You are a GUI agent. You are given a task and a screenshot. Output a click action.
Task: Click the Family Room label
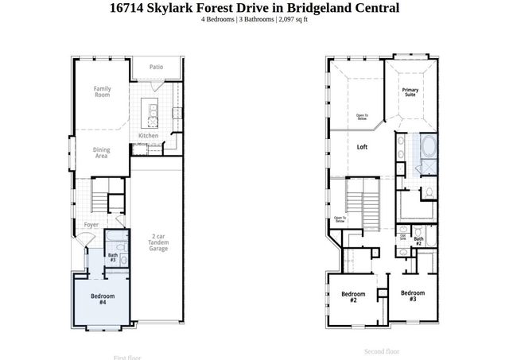coord(101,91)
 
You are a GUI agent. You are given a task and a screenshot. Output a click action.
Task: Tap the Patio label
coord(156,67)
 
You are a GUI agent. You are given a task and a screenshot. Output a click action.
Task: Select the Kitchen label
coord(149,136)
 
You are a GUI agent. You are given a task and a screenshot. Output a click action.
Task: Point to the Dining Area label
coord(102,153)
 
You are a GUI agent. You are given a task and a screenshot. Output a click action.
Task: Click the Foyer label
coord(91,225)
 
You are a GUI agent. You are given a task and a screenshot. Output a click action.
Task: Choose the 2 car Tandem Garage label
coord(158,242)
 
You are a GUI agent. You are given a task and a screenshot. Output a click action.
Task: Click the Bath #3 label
coord(112,257)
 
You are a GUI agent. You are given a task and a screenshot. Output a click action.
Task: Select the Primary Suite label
coord(410,92)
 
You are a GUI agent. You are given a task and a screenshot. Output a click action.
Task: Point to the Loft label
coord(362,147)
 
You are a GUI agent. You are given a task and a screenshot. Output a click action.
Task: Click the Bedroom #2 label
coord(353,297)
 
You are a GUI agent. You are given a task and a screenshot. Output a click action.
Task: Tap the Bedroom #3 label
coord(413,296)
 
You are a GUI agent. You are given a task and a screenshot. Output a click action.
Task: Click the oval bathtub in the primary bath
coord(427,147)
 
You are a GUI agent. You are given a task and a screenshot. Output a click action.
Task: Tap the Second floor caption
coord(381,350)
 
